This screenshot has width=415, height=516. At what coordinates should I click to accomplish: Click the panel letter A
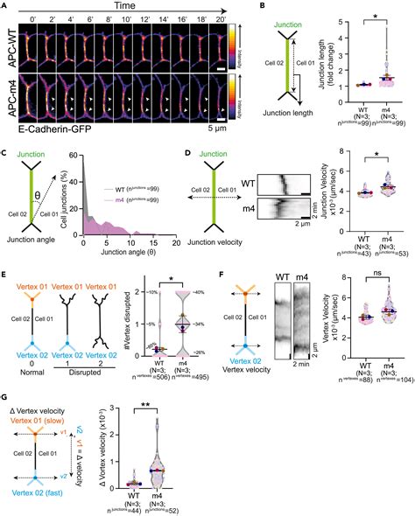6,7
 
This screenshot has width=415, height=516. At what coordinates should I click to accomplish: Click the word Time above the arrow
131,6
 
